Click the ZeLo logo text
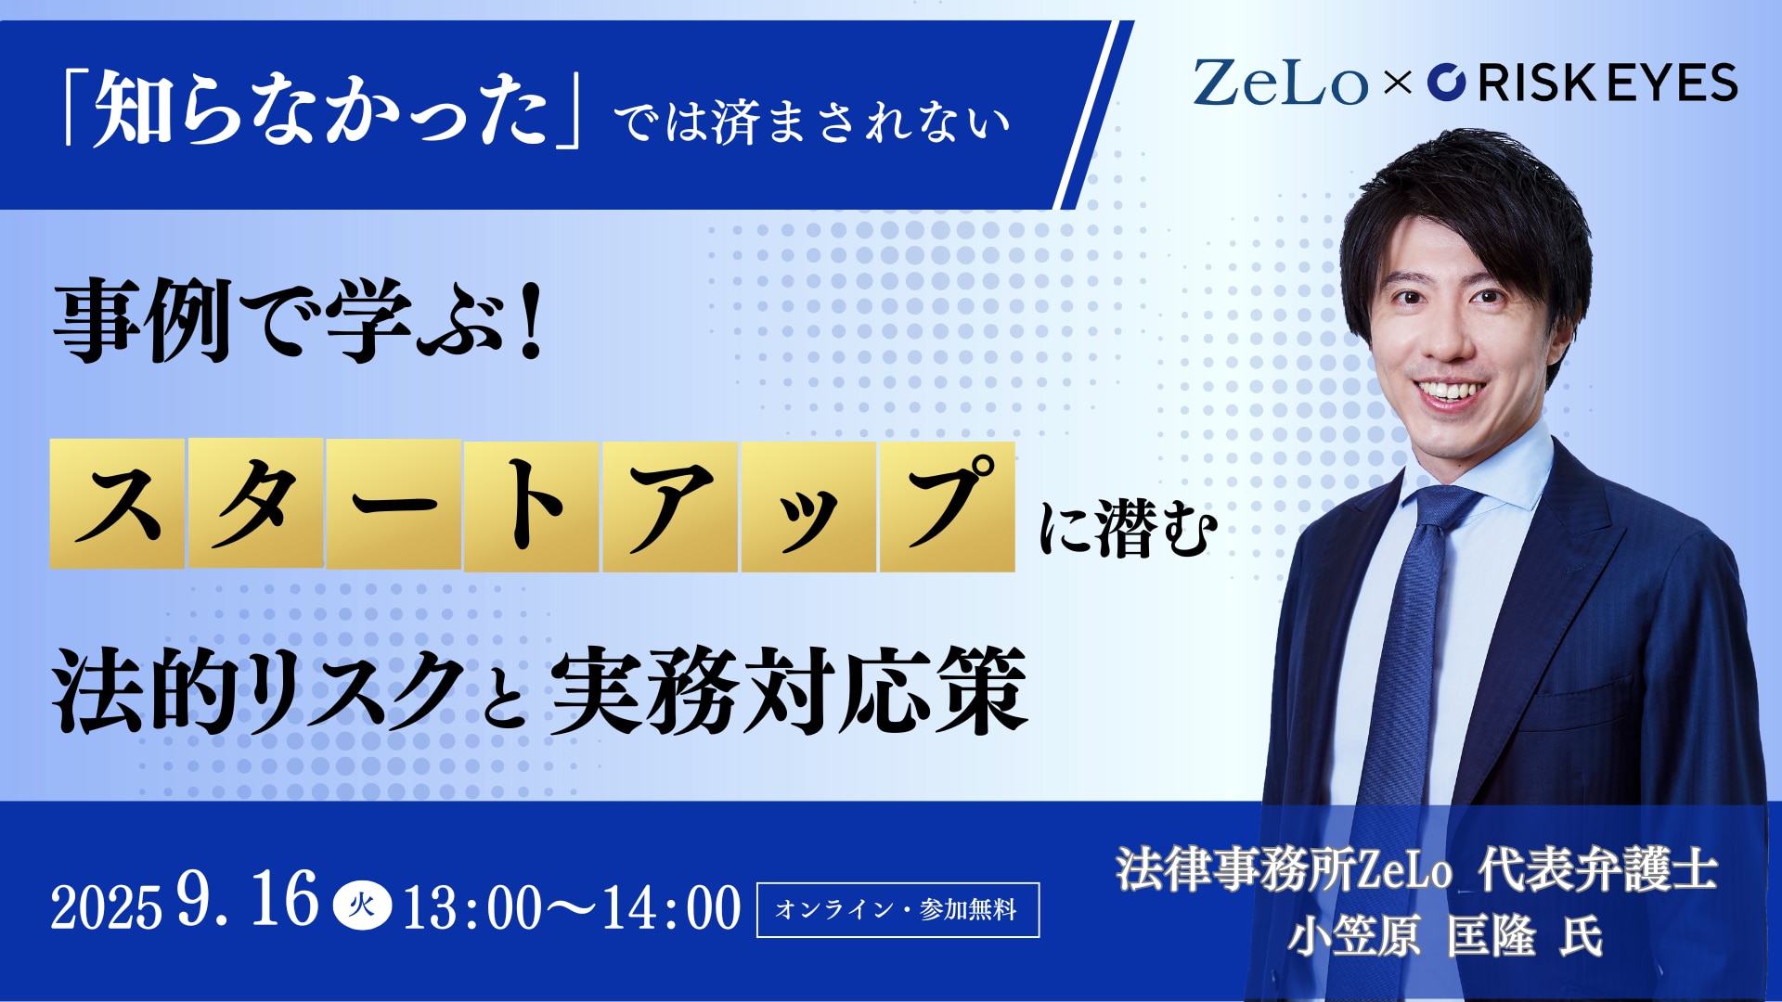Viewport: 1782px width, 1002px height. (1281, 83)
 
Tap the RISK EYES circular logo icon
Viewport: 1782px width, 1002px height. (1446, 82)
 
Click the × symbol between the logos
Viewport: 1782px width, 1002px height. (1397, 83)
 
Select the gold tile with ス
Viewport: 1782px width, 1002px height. (117, 503)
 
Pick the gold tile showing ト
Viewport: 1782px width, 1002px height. (532, 507)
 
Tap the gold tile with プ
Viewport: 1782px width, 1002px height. (947, 507)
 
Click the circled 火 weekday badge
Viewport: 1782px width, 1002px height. (362, 906)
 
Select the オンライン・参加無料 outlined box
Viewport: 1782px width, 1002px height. (897, 909)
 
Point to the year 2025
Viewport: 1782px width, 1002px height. (106, 907)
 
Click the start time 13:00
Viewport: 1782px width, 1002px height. (472, 907)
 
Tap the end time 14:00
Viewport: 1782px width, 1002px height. (672, 907)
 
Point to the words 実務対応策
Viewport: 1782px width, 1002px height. (790, 690)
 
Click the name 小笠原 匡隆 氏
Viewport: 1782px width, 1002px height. (1445, 935)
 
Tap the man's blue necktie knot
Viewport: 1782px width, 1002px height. (1440, 509)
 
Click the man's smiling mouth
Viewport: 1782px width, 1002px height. (1453, 390)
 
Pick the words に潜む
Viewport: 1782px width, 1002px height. (1128, 530)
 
